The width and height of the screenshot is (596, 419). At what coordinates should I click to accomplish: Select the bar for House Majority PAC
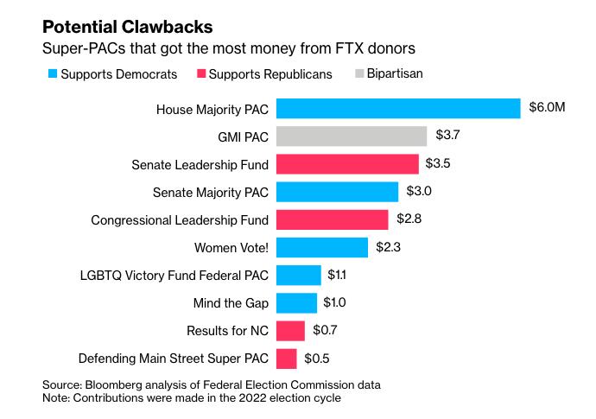tap(398, 109)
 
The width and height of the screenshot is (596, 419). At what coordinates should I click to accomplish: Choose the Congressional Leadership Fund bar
tap(332, 219)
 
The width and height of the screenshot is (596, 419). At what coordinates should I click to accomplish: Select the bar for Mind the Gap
tap(296, 302)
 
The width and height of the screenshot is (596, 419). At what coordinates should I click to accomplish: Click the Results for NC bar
tap(290, 331)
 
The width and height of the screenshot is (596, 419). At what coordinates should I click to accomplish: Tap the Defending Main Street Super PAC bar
tap(286, 359)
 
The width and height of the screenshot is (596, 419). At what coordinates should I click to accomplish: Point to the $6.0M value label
tap(547, 109)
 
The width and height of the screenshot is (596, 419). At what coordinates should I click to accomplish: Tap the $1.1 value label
tap(337, 275)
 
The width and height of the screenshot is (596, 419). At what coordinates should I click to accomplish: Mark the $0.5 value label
tap(315, 359)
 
